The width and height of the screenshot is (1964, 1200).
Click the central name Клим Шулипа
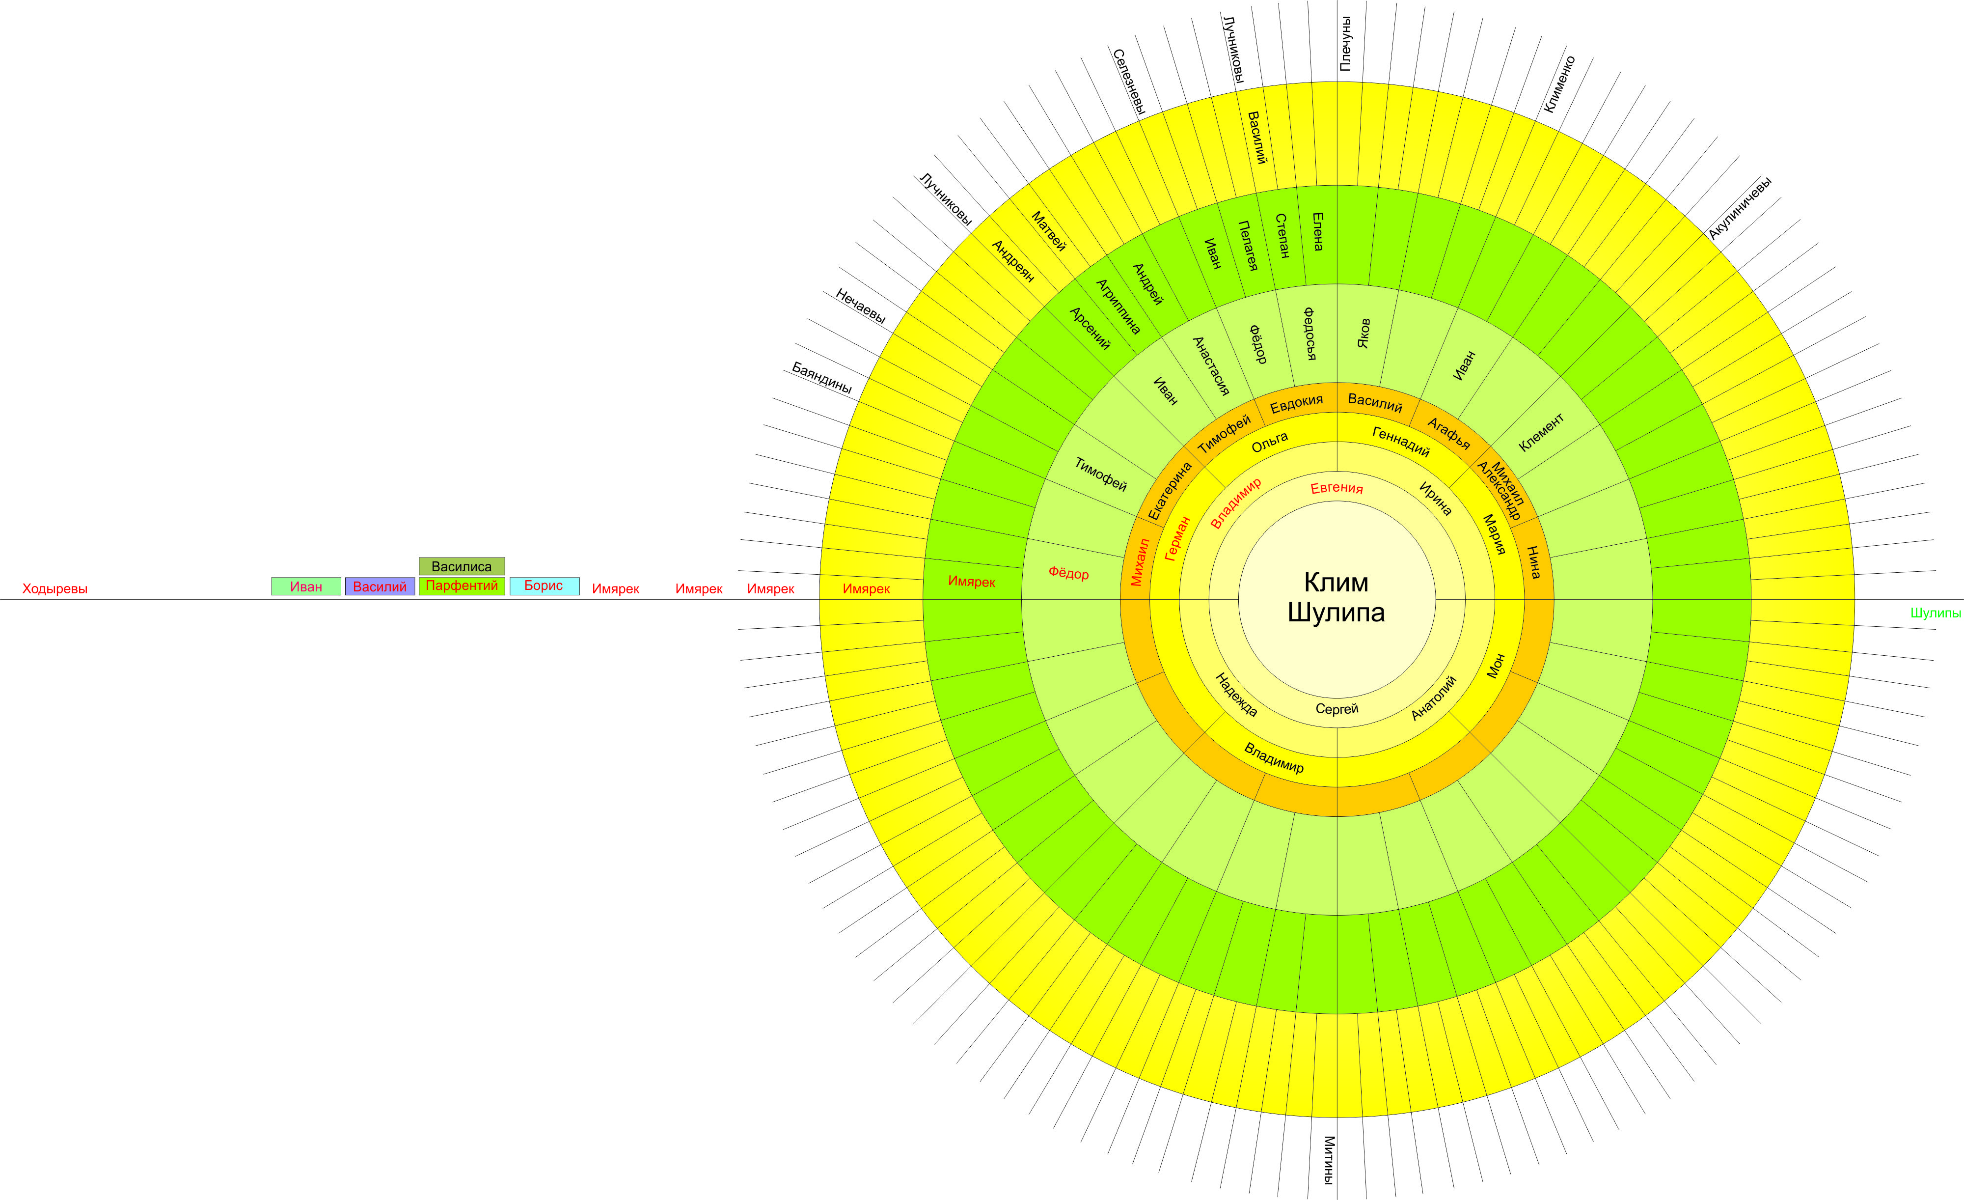[x=1336, y=597]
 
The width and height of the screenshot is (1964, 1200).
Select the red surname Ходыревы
[x=55, y=589]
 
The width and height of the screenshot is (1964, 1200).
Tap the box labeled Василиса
[x=462, y=566]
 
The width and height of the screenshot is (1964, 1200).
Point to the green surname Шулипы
[x=1935, y=613]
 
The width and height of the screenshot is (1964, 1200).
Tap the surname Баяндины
[x=822, y=378]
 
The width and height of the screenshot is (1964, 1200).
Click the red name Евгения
[x=1337, y=488]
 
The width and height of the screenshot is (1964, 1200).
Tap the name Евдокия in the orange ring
[x=1296, y=403]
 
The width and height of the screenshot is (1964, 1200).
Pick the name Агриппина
[x=1118, y=307]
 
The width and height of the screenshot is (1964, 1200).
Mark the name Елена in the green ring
[x=1317, y=231]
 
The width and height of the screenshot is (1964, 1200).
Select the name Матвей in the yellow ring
[x=1048, y=231]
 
